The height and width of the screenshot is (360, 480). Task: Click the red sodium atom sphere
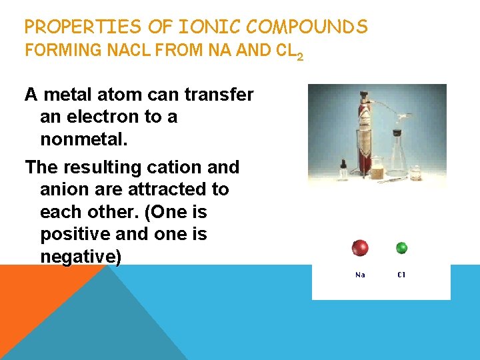coord(360,248)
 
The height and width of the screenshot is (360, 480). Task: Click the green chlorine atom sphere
coord(401,248)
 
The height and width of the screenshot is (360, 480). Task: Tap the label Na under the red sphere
coord(360,275)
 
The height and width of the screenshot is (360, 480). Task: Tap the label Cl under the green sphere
coord(401,275)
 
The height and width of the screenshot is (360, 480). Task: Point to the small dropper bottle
coord(343,170)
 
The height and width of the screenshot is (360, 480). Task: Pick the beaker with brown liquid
coord(377,170)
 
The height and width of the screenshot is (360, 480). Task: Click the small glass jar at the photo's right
coord(416,173)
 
